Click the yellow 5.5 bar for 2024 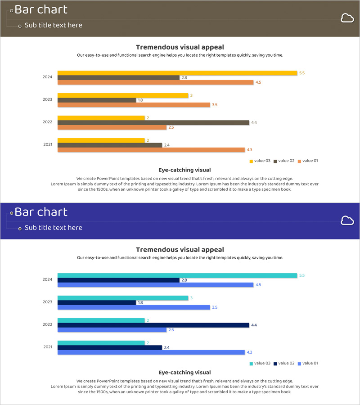pos(177,73)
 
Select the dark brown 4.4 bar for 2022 pos(153,122)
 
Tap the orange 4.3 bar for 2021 pos(151,150)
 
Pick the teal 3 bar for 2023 pos(122,298)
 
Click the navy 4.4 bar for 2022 pos(153,325)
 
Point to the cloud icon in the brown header pos(346,18)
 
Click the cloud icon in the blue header pos(346,220)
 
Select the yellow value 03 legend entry pos(260,161)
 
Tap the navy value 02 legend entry pos(284,363)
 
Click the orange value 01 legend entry pos(308,161)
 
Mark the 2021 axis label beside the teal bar pos(48,347)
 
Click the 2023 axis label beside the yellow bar pos(48,99)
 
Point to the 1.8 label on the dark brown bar pos(140,100)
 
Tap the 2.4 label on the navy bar pos(166,347)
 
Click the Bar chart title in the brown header pos(41,9)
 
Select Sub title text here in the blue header pos(53,228)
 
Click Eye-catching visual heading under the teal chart pos(184,373)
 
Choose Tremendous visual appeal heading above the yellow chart pos(180,47)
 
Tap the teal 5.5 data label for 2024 pos(302,275)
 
